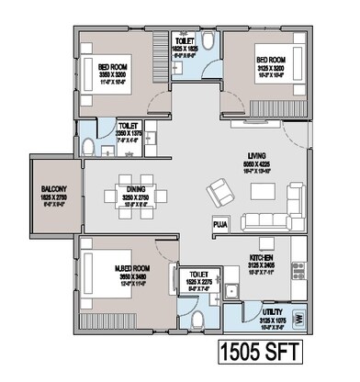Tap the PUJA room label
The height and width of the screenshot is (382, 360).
coord(219,223)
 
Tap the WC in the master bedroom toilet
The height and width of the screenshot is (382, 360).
coord(200,318)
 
